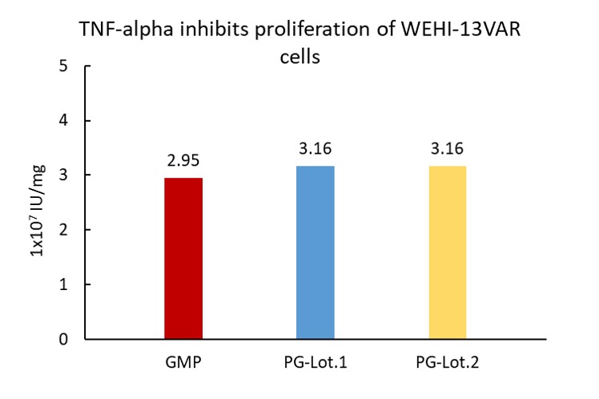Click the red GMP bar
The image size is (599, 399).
click(183, 258)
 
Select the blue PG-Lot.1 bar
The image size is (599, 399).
click(316, 252)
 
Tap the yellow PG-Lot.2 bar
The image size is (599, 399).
click(448, 252)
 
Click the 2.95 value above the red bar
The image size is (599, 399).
click(183, 160)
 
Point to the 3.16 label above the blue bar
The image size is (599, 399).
click(316, 149)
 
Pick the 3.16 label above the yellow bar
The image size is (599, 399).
click(448, 149)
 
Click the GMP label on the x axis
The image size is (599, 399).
click(183, 362)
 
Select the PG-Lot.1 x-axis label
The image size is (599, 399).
click(316, 362)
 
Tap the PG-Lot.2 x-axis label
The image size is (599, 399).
click(448, 362)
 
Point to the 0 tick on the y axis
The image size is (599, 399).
click(63, 339)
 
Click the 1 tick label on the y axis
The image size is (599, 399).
click(63, 284)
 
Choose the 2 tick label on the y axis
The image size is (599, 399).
click(63, 230)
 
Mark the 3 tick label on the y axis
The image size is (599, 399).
click(63, 175)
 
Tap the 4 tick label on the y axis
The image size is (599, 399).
click(63, 120)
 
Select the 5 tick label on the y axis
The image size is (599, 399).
click(63, 66)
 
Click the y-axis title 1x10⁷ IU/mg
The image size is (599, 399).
click(38, 211)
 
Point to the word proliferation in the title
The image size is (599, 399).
click(312, 30)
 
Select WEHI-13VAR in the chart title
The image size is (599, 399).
click(460, 29)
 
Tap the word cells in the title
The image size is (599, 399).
click(299, 57)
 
